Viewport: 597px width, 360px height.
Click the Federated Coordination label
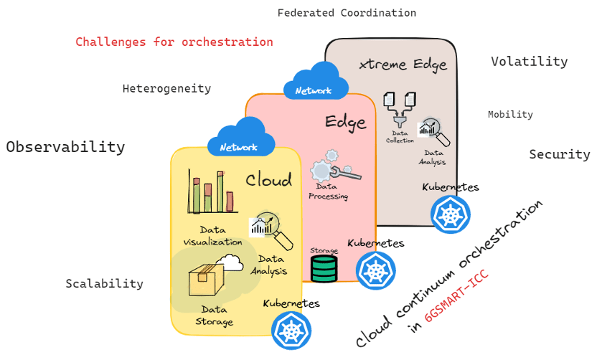[x=347, y=13]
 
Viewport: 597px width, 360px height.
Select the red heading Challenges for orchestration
[x=174, y=42]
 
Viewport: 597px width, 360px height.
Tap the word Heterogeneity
[x=166, y=89]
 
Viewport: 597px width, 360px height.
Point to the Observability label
[x=65, y=147]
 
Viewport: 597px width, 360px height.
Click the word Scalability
[x=104, y=283]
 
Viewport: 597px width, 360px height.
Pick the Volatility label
[x=529, y=62]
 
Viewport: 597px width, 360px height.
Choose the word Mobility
[x=510, y=114]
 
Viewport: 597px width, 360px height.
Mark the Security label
[x=559, y=154]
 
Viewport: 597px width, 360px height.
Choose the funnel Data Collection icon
[x=399, y=110]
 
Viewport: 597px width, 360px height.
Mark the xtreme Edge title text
[x=403, y=65]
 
